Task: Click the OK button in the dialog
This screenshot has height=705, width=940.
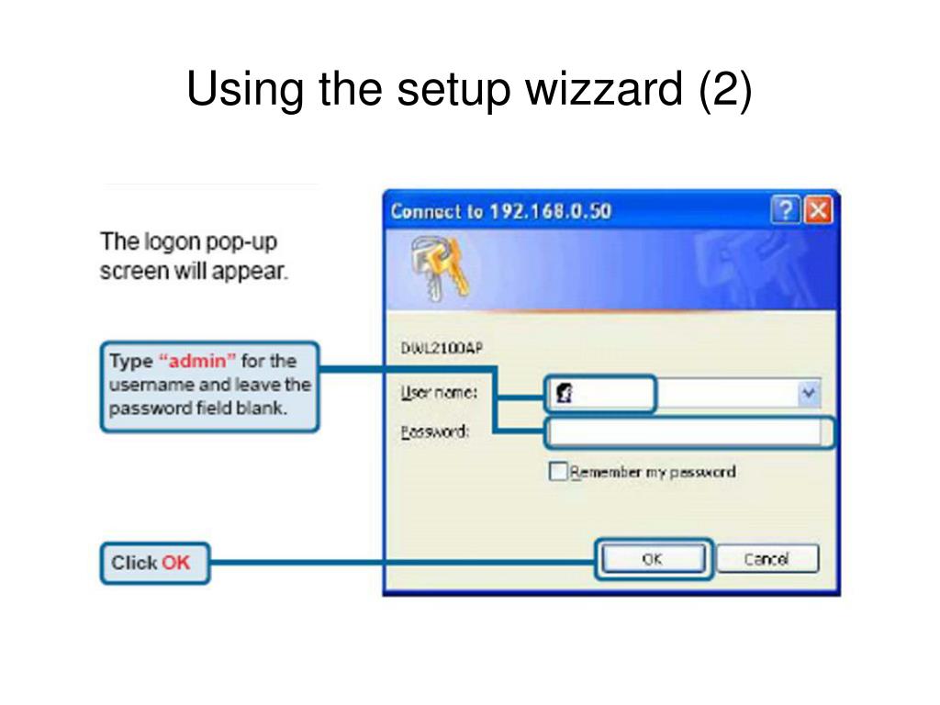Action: (x=653, y=559)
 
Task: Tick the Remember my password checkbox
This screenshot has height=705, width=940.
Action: (x=558, y=472)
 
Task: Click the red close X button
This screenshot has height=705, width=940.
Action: (x=818, y=211)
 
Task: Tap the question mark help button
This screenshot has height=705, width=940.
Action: (x=785, y=211)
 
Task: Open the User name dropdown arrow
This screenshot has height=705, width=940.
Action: (x=808, y=394)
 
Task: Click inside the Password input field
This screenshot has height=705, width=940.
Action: (x=684, y=432)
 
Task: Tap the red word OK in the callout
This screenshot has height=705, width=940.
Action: (x=175, y=563)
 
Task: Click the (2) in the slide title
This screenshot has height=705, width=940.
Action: (x=724, y=90)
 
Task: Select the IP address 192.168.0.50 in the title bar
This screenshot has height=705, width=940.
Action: (x=549, y=211)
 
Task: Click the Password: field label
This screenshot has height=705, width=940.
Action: (x=435, y=431)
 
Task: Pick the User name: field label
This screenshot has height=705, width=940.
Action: (x=439, y=393)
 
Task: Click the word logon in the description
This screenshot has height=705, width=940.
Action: (x=173, y=242)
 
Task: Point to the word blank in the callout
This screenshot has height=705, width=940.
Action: (x=263, y=408)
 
